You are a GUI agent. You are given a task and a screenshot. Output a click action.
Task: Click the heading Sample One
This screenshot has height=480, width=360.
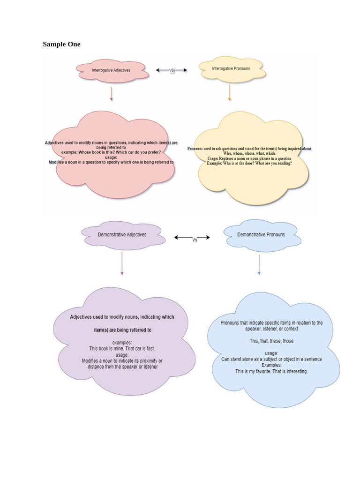coord(61,45)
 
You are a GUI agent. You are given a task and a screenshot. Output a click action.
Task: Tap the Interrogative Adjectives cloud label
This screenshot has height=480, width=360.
coord(111,70)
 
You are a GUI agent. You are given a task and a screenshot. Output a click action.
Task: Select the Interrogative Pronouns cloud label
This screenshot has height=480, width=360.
coord(231,68)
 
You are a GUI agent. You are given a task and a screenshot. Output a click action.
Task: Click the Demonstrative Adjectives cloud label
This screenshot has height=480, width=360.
coord(122,234)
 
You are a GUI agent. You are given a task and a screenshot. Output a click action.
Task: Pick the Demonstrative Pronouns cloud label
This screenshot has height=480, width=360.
coord(261,234)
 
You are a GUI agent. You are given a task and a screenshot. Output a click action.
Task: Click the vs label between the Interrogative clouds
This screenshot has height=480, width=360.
coord(172,70)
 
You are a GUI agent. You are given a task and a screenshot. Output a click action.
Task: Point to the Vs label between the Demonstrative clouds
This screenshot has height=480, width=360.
coord(195,239)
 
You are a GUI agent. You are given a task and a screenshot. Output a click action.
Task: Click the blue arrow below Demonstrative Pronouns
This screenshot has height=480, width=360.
coord(259,265)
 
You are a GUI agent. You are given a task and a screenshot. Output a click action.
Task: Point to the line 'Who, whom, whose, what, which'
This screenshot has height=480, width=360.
coord(249,153)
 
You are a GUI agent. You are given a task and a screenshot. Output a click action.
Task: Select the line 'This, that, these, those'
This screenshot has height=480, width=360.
coord(271,341)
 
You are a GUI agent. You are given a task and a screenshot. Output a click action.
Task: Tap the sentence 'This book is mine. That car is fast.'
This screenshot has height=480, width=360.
coord(122,349)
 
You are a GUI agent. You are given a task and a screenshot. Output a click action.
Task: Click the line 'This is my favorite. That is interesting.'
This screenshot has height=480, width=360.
coord(271,371)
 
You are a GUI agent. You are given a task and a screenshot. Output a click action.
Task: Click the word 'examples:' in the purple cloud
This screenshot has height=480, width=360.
coord(122,343)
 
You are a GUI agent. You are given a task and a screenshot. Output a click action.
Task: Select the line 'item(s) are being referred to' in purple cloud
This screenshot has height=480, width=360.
coord(122,330)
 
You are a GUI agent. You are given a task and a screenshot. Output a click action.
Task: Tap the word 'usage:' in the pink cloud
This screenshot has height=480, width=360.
coord(111,157)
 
